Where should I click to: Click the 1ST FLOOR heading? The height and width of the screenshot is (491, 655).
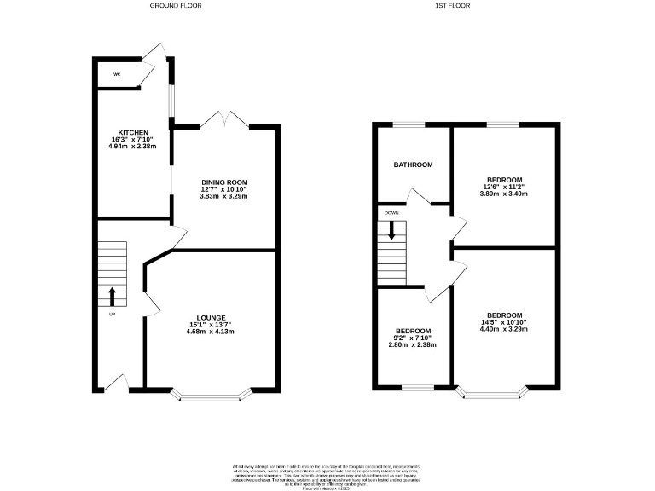click(453, 5)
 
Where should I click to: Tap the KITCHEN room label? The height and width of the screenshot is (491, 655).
click(134, 132)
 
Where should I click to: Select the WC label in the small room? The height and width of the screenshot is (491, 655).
click(117, 76)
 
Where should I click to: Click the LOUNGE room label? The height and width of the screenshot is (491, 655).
click(212, 317)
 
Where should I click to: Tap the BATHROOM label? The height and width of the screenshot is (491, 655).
click(413, 165)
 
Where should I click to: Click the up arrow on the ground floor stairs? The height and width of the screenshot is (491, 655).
click(113, 297)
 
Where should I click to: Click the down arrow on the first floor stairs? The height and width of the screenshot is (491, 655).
click(393, 230)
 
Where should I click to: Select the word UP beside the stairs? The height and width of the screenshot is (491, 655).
click(112, 315)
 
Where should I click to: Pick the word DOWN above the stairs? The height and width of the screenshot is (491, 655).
click(391, 212)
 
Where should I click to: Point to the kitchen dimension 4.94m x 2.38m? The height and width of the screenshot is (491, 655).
click(134, 147)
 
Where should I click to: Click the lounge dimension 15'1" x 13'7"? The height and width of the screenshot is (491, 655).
click(212, 324)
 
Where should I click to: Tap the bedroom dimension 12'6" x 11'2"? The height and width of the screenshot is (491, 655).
click(506, 187)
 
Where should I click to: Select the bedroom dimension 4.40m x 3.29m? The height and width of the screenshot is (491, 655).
click(506, 329)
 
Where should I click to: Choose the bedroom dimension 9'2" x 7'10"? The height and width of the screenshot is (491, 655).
click(413, 338)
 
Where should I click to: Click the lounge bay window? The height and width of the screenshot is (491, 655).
click(212, 395)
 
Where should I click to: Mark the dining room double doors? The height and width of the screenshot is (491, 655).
click(224, 120)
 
